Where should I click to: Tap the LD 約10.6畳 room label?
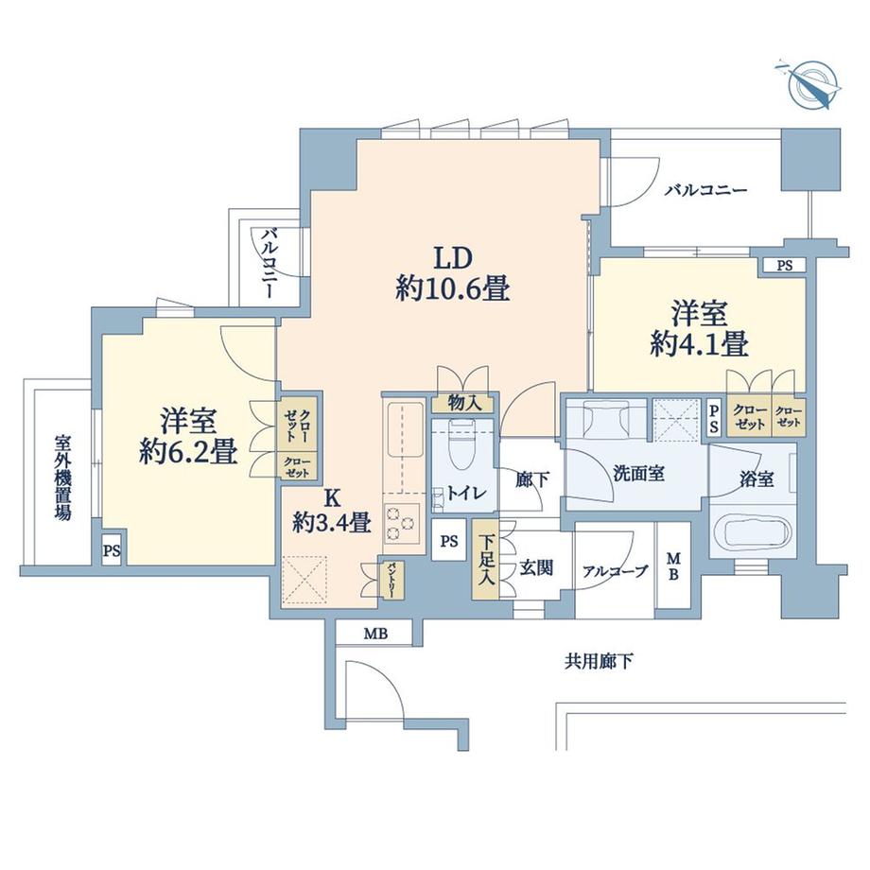coord(453,273)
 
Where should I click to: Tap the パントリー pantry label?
coord(390,578)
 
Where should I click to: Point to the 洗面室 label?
coord(637,474)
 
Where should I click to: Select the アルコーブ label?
coord(615,570)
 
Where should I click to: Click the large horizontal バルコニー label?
coord(705,190)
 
